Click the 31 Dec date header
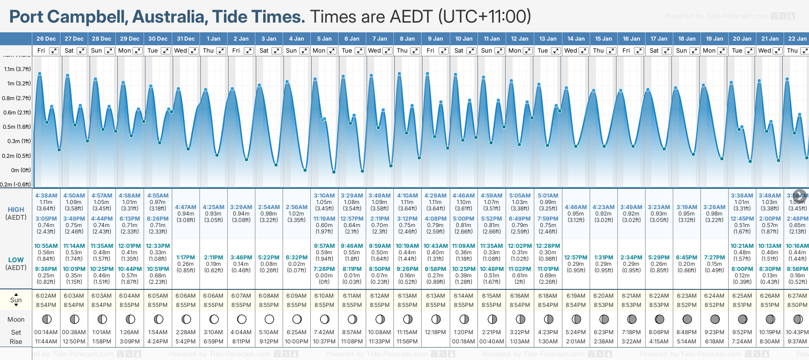point(186,39)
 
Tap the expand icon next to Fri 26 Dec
point(54,51)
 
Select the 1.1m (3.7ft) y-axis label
point(18,69)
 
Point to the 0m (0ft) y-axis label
point(21,170)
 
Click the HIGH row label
point(16,210)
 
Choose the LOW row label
point(16,260)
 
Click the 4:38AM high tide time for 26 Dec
point(46,196)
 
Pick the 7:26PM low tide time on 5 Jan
point(324,269)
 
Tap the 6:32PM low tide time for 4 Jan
point(296,258)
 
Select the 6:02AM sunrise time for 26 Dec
point(46,296)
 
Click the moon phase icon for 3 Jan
point(269,319)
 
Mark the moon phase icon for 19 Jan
point(715,319)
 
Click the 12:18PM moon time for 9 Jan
point(435,332)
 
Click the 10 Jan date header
point(464,39)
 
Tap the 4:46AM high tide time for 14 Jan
point(576,207)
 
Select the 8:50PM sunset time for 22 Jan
point(797,305)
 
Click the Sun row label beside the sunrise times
point(16,300)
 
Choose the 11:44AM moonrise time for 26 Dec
point(46,342)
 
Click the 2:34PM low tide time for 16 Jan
point(631,258)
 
